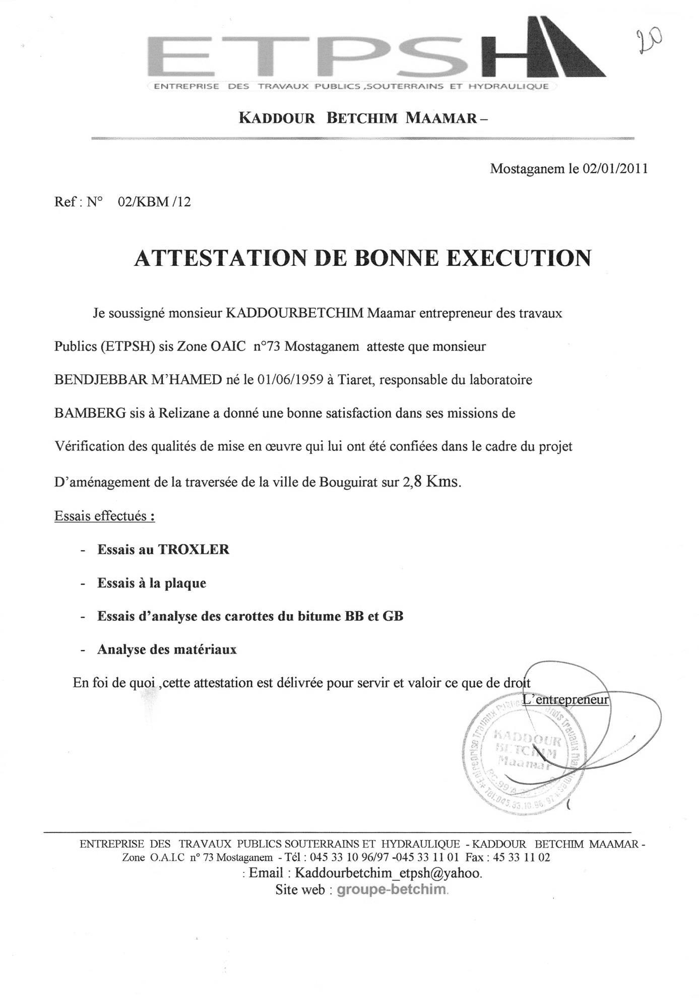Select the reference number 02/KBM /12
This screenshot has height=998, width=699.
pyautogui.click(x=154, y=202)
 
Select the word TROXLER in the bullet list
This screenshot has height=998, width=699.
pyautogui.click(x=194, y=549)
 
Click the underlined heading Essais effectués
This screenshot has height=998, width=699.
pyautogui.click(x=104, y=516)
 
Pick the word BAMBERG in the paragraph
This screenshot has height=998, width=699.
pyautogui.click(x=90, y=414)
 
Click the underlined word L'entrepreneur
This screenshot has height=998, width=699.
pyautogui.click(x=566, y=700)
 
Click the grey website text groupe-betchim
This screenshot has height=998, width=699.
pyautogui.click(x=392, y=890)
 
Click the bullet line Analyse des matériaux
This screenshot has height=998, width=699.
pyautogui.click(x=167, y=650)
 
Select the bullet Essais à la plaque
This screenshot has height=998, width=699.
pyautogui.click(x=152, y=583)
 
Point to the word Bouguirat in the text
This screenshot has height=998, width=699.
pyautogui.click(x=347, y=482)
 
